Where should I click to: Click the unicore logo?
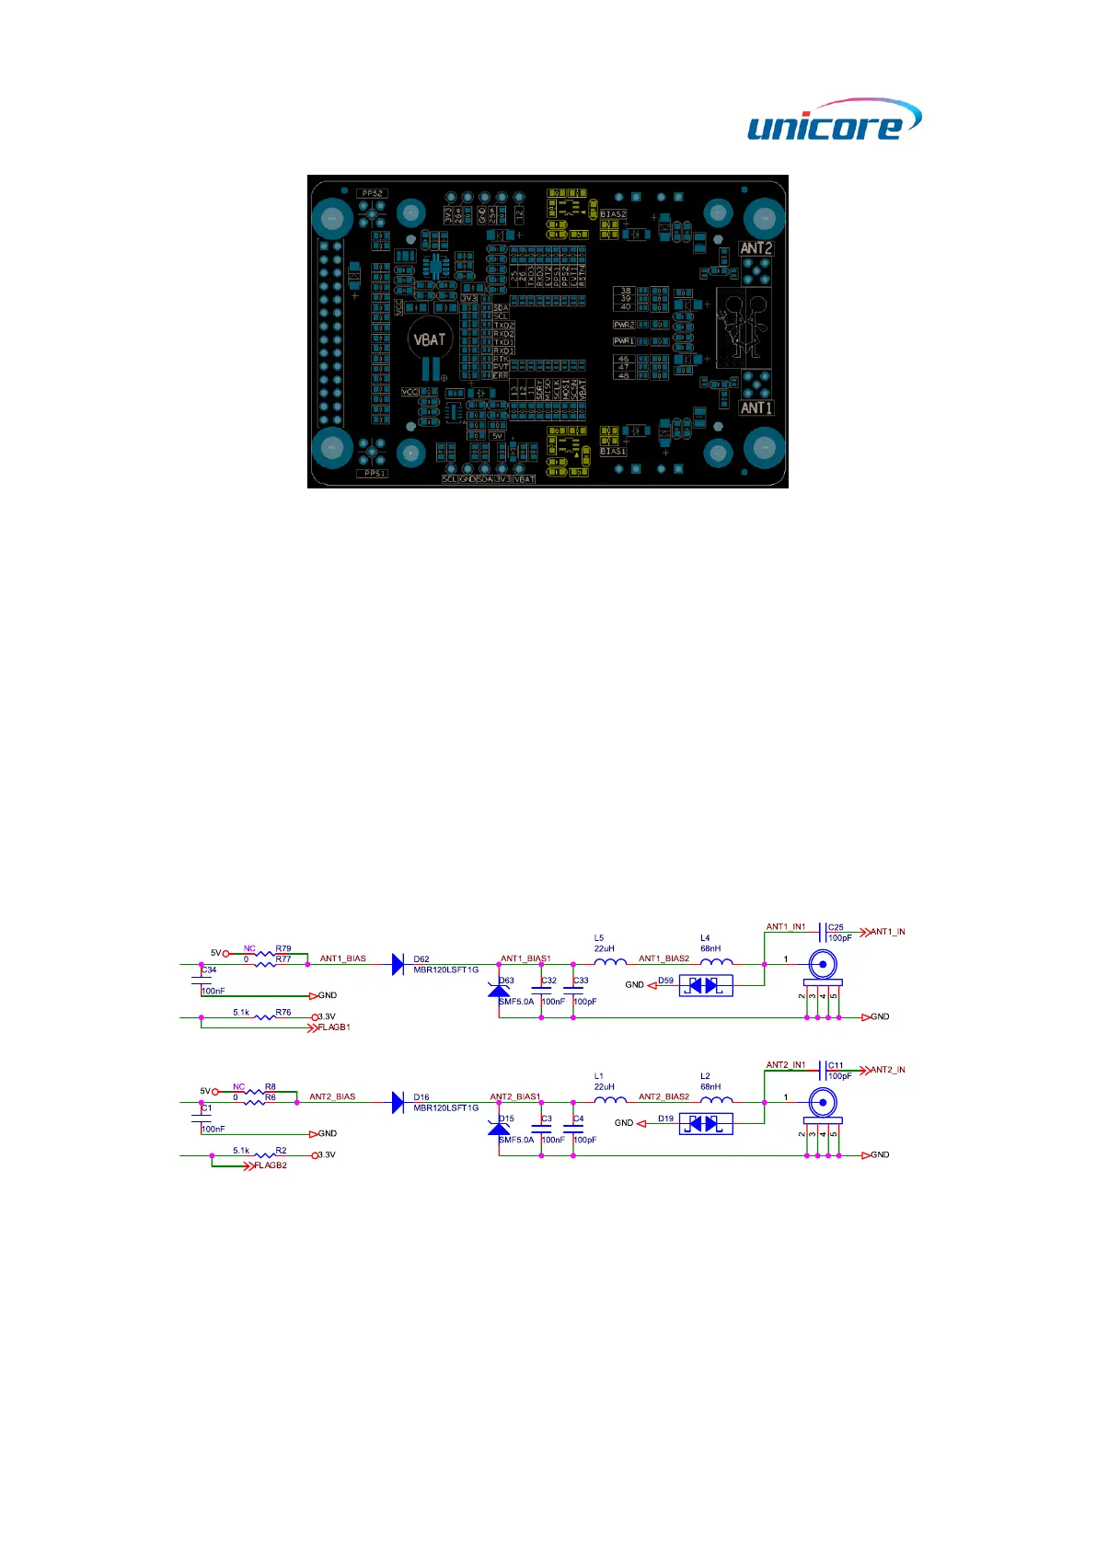[x=833, y=120]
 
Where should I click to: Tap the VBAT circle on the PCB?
[x=428, y=340]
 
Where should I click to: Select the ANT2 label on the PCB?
[x=756, y=248]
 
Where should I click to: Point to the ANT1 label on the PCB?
[x=756, y=407]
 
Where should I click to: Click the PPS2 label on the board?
[x=372, y=193]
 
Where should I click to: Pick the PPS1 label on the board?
[x=374, y=473]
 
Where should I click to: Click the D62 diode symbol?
[x=398, y=964]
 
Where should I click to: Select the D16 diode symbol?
[x=398, y=1102]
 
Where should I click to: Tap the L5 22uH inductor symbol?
[x=609, y=962]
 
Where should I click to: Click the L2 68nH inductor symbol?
[x=716, y=1099]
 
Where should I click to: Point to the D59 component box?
[x=706, y=985]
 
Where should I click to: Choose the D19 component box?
[x=706, y=1123]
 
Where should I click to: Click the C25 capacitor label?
[x=836, y=927]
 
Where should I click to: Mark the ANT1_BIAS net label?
[x=342, y=958]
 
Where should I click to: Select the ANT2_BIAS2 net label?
[x=663, y=1096]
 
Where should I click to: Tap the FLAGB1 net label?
[x=333, y=1027]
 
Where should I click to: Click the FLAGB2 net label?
[x=270, y=1165]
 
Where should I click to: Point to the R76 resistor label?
[x=283, y=1012]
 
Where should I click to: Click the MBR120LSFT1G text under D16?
[x=445, y=1108]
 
